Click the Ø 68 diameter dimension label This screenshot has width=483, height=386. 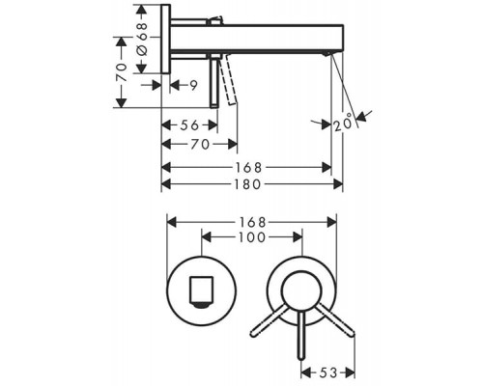pyautogui.click(x=143, y=39)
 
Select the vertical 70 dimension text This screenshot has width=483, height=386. pyautogui.click(x=122, y=72)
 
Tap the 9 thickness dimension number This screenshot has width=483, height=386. pyautogui.click(x=193, y=85)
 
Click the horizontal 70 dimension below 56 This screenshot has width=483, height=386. pyautogui.click(x=200, y=144)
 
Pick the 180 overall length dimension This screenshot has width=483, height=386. pyautogui.click(x=247, y=184)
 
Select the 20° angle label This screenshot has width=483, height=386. pyautogui.click(x=343, y=124)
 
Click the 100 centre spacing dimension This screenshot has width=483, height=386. pyautogui.click(x=252, y=237)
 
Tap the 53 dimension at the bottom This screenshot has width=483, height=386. pyautogui.click(x=328, y=372)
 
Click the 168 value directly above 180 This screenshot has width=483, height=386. pyautogui.click(x=248, y=168)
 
